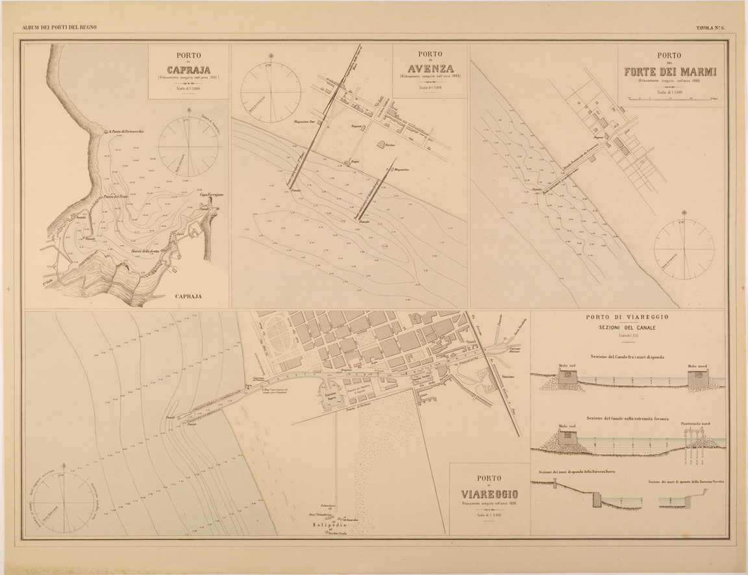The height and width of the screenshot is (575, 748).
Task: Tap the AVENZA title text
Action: point(429,69)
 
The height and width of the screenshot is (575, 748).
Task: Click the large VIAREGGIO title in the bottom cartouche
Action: point(490,493)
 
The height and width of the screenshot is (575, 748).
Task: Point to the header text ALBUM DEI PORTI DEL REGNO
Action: point(59,27)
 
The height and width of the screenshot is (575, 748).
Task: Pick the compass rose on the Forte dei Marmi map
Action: point(684,248)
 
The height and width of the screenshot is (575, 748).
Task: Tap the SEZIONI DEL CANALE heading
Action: point(627,327)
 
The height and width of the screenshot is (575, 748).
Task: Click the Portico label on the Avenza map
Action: point(389,146)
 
